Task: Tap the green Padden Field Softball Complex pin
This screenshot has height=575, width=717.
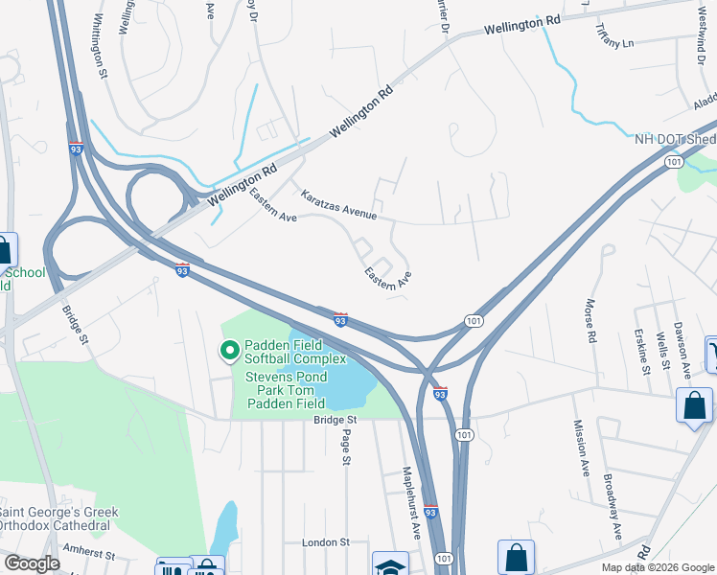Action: tap(229, 352)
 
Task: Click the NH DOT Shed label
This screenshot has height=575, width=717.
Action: tap(675, 138)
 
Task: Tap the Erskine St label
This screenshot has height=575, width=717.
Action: tap(641, 350)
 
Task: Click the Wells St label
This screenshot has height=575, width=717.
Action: tap(661, 350)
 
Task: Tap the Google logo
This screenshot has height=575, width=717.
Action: tap(33, 563)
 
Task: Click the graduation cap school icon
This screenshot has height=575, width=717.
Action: tap(391, 566)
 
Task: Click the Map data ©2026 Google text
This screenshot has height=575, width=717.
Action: tap(658, 567)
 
